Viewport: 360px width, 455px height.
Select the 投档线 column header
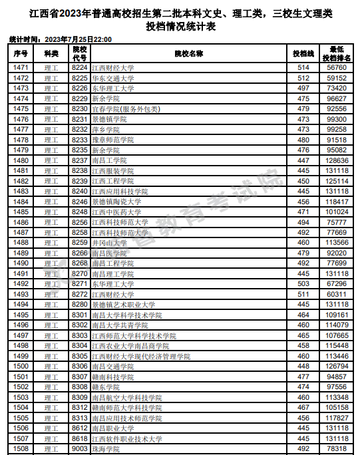tap(303, 53)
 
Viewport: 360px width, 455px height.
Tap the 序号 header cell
tap(21, 53)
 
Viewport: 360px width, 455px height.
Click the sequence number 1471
tap(21, 68)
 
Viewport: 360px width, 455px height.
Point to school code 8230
tap(80, 108)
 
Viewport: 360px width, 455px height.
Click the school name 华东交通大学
tap(112, 78)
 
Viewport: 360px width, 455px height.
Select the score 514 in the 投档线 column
tap(303, 68)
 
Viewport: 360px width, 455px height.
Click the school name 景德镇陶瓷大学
tap(116, 202)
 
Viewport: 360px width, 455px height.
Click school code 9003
tap(80, 449)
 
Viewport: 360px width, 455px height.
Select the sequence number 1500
tap(21, 366)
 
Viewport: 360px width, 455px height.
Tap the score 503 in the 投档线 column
tap(303, 284)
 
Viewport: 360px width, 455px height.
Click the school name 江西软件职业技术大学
tap(126, 439)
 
